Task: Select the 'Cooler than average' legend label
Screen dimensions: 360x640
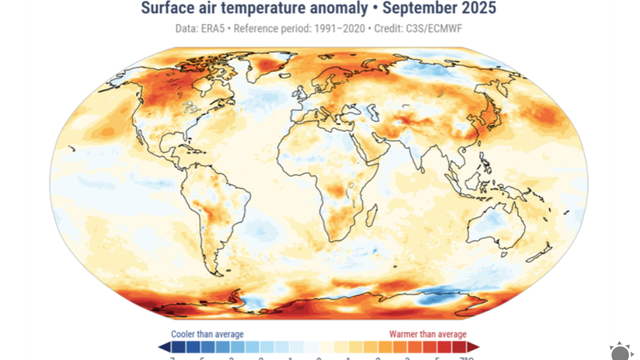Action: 200,334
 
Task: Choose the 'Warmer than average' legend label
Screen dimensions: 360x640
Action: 430,334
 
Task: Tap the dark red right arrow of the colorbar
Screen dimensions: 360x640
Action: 473,347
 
